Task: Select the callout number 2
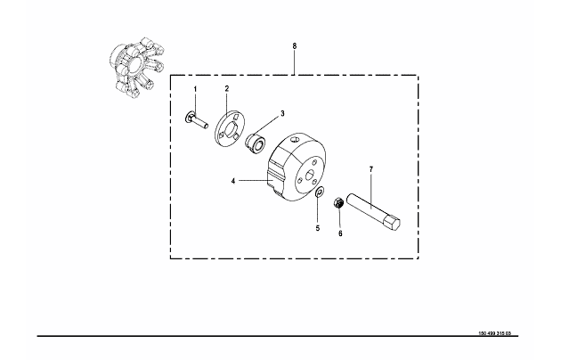tap(227, 89)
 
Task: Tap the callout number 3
tap(281, 114)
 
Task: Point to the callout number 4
tap(234, 181)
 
